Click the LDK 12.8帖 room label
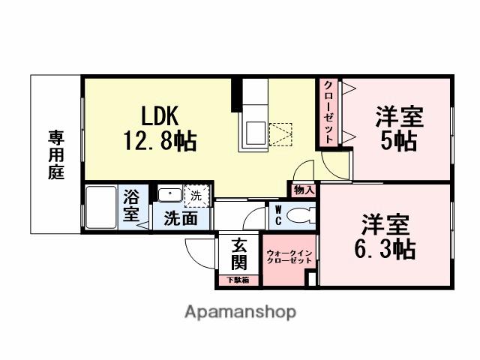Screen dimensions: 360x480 click(159, 128)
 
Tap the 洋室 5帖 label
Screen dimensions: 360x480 click(399, 129)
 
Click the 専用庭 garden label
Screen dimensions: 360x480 click(56, 154)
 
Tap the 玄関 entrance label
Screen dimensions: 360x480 click(239, 254)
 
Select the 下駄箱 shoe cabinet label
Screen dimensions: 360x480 click(239, 280)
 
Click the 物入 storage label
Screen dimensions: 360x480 click(304, 190)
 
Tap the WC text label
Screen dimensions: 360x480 click(278, 217)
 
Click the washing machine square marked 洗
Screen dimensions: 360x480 click(197, 194)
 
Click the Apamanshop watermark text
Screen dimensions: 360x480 click(240, 310)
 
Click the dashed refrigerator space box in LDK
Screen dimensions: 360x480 click(280, 134)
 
